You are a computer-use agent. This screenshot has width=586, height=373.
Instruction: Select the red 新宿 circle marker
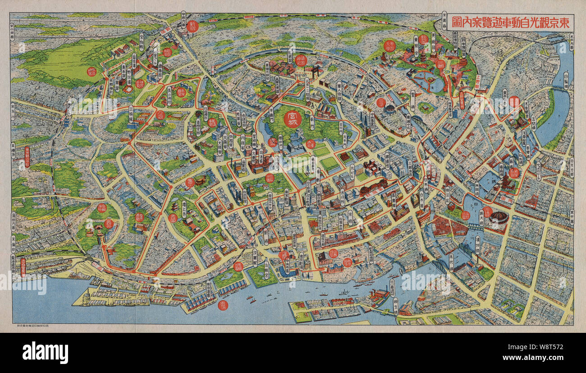tap(192, 26)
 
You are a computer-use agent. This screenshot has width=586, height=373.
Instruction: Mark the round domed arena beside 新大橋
tap(498, 217)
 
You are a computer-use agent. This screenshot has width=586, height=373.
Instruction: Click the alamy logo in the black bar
tap(45, 352)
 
